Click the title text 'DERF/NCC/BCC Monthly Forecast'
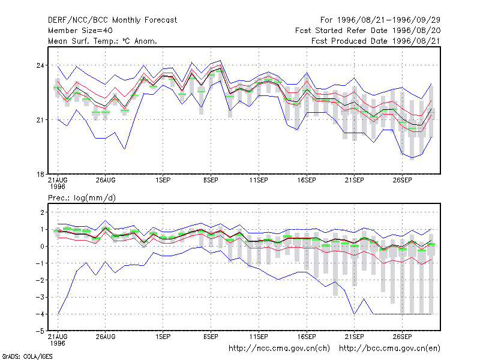(x=112, y=20)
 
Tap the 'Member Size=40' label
(x=80, y=31)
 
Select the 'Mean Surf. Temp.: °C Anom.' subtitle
(x=103, y=41)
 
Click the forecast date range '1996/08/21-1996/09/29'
(x=388, y=20)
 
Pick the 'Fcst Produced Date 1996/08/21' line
(x=376, y=41)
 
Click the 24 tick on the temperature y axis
(x=40, y=65)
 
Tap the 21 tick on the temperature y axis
(x=40, y=119)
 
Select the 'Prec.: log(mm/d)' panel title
(x=82, y=198)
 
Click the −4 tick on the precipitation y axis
(x=40, y=314)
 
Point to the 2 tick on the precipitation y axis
(x=42, y=212)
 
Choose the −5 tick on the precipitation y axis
(x=40, y=331)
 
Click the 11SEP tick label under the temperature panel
(x=259, y=181)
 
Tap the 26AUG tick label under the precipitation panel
(x=106, y=337)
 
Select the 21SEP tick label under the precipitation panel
(x=355, y=337)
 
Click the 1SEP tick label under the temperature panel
(x=163, y=181)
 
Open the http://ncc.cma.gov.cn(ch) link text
(x=279, y=349)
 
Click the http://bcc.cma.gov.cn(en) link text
(x=389, y=349)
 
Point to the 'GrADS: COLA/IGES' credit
(x=27, y=356)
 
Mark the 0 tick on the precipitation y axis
(x=42, y=247)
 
